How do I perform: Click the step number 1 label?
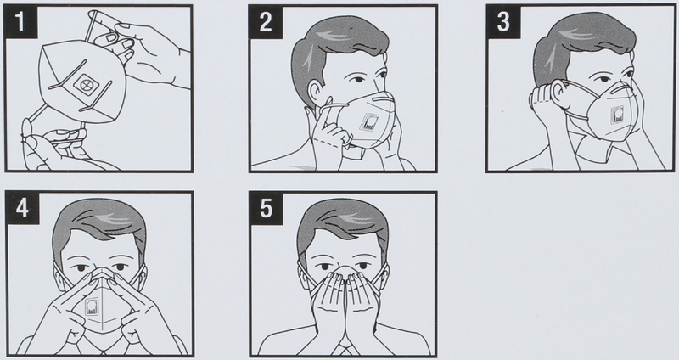coord(20,22)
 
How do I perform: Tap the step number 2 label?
coord(266,22)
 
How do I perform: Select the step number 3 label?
coord(502,22)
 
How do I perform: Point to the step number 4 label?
coord(22,208)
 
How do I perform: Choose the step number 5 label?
coord(266,208)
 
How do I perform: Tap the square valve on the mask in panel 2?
coord(370,122)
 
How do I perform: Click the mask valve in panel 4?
coord(92,307)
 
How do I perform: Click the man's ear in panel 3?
coord(558,96)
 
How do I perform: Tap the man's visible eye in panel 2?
coord(357,82)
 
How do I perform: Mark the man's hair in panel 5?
coord(343,225)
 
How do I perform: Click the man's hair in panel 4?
coord(98,225)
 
